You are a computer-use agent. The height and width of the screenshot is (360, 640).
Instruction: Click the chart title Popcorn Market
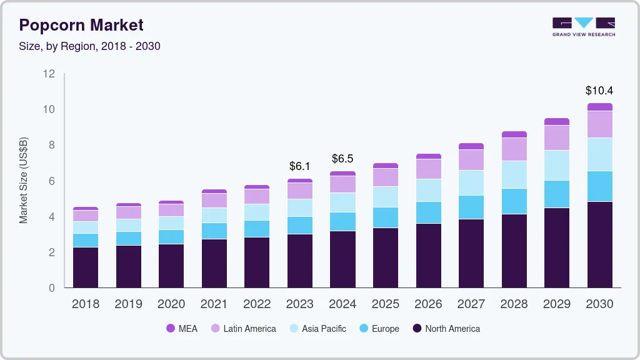click(x=81, y=25)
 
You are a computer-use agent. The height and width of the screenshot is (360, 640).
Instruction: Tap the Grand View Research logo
click(x=583, y=27)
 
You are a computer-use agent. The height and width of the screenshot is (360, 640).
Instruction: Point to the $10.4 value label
click(x=599, y=91)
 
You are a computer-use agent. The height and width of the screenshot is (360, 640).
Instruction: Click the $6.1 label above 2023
click(x=300, y=166)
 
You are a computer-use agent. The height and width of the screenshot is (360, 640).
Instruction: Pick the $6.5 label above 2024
click(x=342, y=158)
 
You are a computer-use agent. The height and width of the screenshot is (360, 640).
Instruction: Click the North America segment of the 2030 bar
click(x=599, y=244)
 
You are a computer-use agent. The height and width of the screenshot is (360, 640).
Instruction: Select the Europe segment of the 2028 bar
click(x=514, y=201)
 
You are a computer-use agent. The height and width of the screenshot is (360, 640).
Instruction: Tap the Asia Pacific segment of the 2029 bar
click(x=557, y=166)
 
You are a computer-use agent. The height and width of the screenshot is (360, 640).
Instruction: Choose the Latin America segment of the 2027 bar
click(x=471, y=160)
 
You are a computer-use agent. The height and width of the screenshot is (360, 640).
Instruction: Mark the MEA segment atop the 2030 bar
click(x=599, y=107)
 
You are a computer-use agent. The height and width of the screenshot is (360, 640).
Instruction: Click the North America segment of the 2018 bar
click(x=86, y=267)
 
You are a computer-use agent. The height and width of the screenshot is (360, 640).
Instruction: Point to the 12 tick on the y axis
click(x=49, y=74)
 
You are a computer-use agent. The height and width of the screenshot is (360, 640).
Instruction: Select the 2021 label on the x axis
click(x=214, y=304)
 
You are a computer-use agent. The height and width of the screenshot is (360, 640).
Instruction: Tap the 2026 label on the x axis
click(x=428, y=304)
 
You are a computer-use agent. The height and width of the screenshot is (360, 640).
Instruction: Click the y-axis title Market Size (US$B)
click(x=24, y=180)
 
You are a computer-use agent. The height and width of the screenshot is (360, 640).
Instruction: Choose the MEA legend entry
click(x=181, y=329)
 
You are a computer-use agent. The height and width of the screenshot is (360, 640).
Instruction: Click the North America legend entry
click(x=446, y=329)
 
